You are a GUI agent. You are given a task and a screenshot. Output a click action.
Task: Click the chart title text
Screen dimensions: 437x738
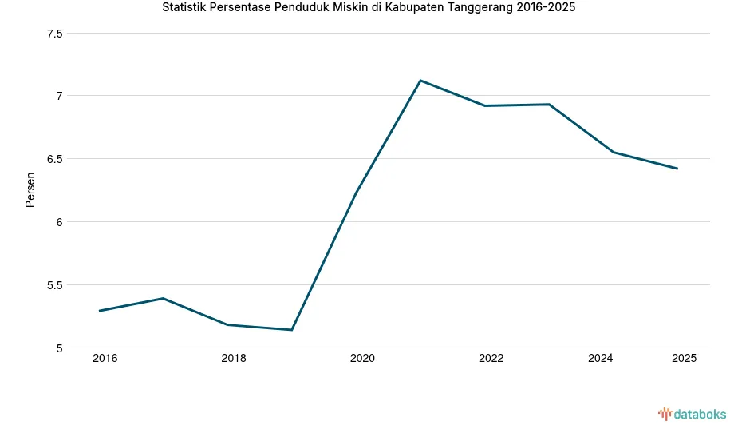(368, 9)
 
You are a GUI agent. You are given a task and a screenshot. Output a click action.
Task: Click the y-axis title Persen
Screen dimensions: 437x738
(30, 190)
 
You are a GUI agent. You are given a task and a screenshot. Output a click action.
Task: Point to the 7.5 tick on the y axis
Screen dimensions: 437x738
(55, 34)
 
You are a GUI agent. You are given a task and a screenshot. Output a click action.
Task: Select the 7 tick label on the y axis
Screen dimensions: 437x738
(59, 96)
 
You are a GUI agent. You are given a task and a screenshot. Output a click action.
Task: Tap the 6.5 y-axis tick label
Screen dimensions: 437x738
(55, 159)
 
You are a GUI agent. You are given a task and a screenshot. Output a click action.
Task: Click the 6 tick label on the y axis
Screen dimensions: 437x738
(59, 222)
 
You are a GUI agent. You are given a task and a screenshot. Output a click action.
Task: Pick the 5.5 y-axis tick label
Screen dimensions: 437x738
(55, 285)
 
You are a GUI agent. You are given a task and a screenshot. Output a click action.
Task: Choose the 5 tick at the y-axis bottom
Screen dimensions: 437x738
(59, 348)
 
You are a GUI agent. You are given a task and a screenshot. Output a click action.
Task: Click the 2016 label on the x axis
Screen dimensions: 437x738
(105, 359)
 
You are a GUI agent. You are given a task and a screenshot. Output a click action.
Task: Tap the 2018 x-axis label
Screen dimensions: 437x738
(234, 359)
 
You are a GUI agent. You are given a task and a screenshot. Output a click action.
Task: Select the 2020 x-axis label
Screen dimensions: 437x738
(362, 359)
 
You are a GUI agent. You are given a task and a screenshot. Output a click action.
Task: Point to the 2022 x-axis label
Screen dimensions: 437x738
(491, 359)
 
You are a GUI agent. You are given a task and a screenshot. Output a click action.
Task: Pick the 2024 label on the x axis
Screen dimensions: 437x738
(600, 359)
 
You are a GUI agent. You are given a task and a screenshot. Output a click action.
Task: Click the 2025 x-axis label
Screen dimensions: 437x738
(684, 359)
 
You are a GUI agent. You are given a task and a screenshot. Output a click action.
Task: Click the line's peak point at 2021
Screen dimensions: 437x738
(420, 81)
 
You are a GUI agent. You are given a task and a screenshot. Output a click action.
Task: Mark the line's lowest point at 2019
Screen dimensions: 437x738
(292, 330)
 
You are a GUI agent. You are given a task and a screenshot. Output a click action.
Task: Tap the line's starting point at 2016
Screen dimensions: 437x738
(99, 311)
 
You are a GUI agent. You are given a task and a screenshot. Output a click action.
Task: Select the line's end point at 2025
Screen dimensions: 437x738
(677, 169)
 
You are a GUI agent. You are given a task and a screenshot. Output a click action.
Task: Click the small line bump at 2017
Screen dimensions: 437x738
(163, 299)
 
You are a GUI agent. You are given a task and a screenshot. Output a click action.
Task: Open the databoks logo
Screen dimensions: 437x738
(692, 414)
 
